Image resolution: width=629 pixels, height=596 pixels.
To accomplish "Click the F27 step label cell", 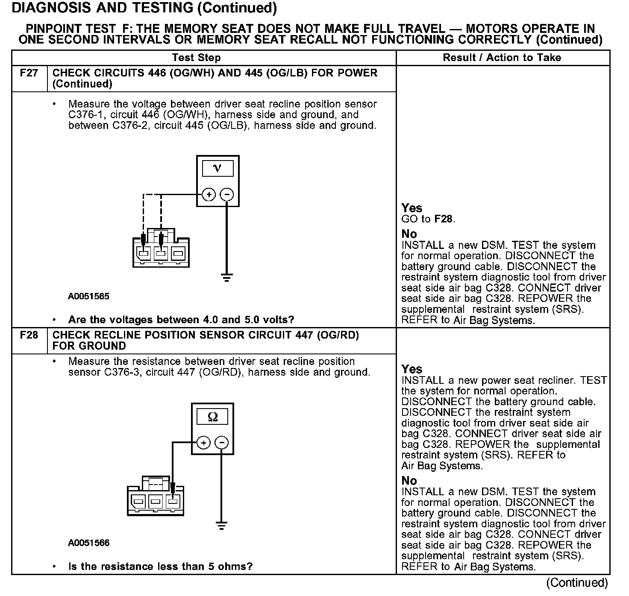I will tap(29, 73).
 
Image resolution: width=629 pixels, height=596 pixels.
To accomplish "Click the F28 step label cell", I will tap(29, 335).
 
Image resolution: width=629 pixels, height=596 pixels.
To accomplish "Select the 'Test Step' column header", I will tap(196, 58).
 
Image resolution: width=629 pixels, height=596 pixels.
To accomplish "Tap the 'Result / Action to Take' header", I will tap(502, 58).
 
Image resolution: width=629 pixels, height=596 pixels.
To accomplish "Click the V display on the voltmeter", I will tap(218, 169).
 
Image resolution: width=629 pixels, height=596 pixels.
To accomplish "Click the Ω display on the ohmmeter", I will tap(212, 417).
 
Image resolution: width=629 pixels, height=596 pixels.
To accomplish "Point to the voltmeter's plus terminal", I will tap(209, 195).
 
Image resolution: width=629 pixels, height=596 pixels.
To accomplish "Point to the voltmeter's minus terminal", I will tap(226, 195).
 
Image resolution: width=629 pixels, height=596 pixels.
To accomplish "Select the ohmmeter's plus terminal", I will tap(204, 443).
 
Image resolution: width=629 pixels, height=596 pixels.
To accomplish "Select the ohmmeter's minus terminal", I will tap(221, 443).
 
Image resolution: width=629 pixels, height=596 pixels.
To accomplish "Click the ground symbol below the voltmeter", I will tap(226, 278).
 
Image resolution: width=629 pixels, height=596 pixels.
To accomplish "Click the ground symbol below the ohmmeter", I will tap(221, 526).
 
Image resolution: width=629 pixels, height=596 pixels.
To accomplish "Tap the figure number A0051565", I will tap(88, 296).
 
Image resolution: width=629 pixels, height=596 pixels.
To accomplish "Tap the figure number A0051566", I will tap(88, 543).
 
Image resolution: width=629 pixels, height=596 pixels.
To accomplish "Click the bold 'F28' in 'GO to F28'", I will tap(443, 219).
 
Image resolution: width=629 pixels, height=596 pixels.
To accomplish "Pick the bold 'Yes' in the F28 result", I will tap(412, 369).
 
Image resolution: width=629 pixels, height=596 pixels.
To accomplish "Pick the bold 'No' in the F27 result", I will tap(409, 234).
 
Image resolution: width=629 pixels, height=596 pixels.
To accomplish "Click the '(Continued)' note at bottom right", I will tap(577, 582).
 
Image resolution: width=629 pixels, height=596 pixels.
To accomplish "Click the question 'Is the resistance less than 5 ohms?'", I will tap(160, 567).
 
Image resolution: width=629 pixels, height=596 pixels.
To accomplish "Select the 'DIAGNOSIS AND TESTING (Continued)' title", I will tap(144, 8).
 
